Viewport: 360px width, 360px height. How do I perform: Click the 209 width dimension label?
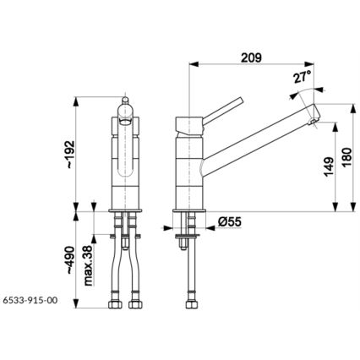[251, 57]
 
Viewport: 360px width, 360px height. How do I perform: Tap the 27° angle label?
[301, 77]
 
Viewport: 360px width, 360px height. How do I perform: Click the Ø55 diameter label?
[229, 221]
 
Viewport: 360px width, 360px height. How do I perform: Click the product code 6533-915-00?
[30, 299]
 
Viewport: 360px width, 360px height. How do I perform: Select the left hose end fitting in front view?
[114, 301]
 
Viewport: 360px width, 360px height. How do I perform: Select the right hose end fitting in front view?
[133, 301]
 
